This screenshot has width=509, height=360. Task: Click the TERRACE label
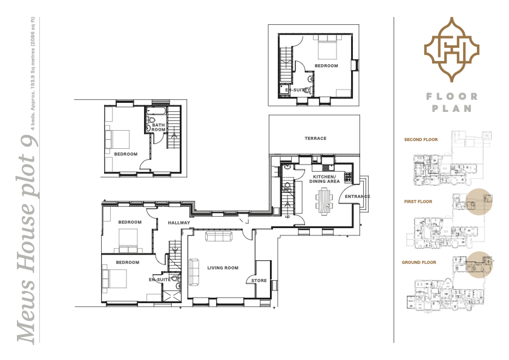point(315,139)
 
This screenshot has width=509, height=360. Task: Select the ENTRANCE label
point(357,197)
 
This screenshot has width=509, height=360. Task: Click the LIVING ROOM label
point(223,267)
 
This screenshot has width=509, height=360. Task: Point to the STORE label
point(258,281)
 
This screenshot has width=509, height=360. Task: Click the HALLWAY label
point(180,223)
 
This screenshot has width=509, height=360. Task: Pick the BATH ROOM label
point(159,127)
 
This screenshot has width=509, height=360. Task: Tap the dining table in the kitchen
point(324,200)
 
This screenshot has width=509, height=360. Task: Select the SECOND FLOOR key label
point(420,140)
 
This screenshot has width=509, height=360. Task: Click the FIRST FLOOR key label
point(418,201)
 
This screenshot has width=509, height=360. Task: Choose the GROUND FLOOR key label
point(419,263)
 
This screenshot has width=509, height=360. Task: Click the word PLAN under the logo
point(451,109)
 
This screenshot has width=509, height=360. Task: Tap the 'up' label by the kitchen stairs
point(287,216)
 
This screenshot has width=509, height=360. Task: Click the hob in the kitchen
point(347,178)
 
